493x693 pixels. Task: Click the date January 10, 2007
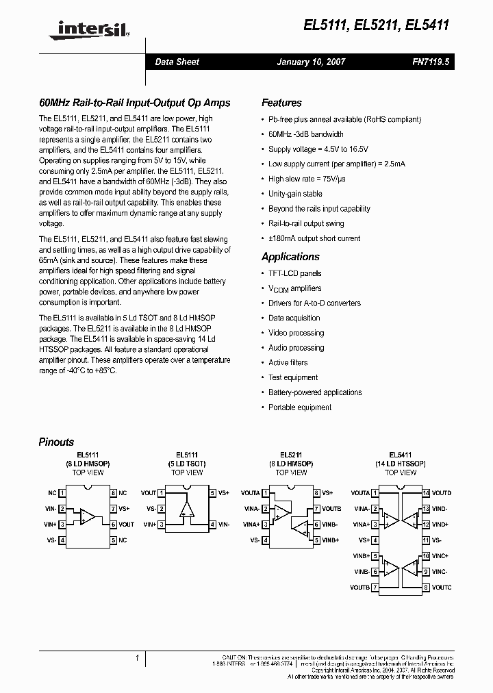tap(311, 62)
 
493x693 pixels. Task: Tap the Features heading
tap(281, 103)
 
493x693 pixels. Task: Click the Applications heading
tap(290, 257)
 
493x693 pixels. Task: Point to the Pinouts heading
tap(56, 442)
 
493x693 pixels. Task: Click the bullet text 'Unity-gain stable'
tap(295, 194)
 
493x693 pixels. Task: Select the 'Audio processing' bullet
tap(296, 348)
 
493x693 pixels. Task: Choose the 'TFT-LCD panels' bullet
tap(294, 273)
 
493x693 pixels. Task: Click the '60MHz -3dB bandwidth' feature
tap(306, 134)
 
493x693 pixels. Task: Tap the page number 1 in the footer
tap(138, 658)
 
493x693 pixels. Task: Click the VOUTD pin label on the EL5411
tap(442, 493)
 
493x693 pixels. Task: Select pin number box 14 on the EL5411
tap(426, 493)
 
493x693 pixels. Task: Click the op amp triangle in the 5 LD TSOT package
tap(186, 508)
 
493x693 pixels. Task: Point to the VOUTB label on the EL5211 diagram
tap(331, 509)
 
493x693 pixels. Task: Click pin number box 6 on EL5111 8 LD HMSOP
tap(112, 525)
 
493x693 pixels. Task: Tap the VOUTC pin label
tap(442, 588)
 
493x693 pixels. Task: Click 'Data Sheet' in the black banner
tap(177, 62)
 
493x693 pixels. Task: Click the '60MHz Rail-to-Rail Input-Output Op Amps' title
tap(134, 103)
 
